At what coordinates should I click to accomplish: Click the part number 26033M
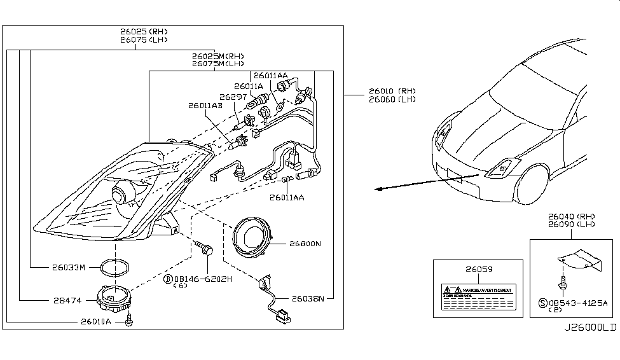[68, 267]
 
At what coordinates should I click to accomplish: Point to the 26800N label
[305, 244]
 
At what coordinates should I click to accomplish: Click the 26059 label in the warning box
[472, 270]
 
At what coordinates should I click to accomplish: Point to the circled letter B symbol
[168, 279]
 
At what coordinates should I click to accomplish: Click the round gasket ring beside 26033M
[116, 268]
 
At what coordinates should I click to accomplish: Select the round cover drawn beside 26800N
[253, 239]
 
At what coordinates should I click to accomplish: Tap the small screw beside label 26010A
[130, 321]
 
